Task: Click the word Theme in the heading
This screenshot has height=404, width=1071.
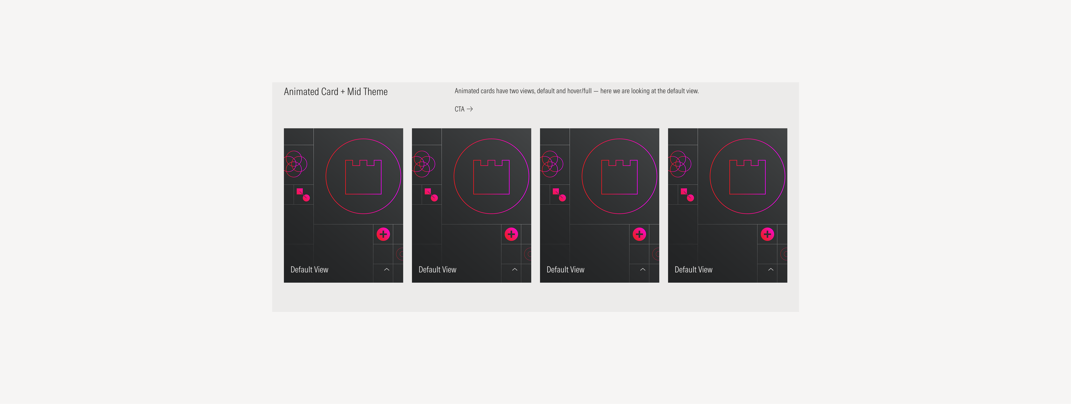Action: (x=376, y=92)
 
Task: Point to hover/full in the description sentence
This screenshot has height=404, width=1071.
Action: (x=579, y=91)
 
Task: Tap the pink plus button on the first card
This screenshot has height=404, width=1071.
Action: (x=383, y=234)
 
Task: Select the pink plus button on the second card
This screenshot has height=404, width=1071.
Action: (x=511, y=234)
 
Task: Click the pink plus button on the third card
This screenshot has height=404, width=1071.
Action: (x=639, y=234)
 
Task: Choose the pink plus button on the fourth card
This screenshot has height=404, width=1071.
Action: (x=767, y=234)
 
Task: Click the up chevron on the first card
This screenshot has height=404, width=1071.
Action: (x=386, y=269)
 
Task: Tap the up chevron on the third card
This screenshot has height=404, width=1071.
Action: (x=642, y=269)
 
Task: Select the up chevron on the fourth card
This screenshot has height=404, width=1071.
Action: (x=771, y=269)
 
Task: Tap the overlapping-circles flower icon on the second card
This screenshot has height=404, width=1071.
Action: (x=423, y=164)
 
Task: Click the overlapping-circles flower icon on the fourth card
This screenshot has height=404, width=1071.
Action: (x=679, y=164)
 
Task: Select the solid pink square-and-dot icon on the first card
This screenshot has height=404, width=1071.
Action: (x=303, y=194)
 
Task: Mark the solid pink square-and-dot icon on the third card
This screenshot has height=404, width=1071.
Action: (x=559, y=194)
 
